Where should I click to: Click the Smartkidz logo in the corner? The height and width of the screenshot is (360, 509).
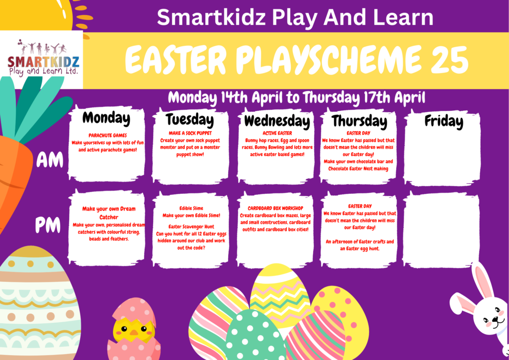pos(43,58)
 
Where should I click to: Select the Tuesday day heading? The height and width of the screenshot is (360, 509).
pos(190,119)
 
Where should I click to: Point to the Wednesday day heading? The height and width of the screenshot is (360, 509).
pos(277,121)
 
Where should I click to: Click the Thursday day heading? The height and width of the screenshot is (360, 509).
pos(359,122)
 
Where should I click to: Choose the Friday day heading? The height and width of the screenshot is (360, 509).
pos(444,121)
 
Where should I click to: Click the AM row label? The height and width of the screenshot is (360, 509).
pos(49,161)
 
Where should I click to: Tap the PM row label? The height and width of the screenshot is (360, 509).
pos(48,225)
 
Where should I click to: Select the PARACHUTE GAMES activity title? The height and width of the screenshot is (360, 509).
pos(107,135)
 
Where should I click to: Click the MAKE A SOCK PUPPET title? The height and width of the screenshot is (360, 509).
pos(190,133)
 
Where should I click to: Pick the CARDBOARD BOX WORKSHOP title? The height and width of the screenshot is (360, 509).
pos(275,208)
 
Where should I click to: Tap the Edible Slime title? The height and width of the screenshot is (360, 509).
pos(191,208)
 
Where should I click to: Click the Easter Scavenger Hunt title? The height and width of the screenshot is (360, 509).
pos(191,227)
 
